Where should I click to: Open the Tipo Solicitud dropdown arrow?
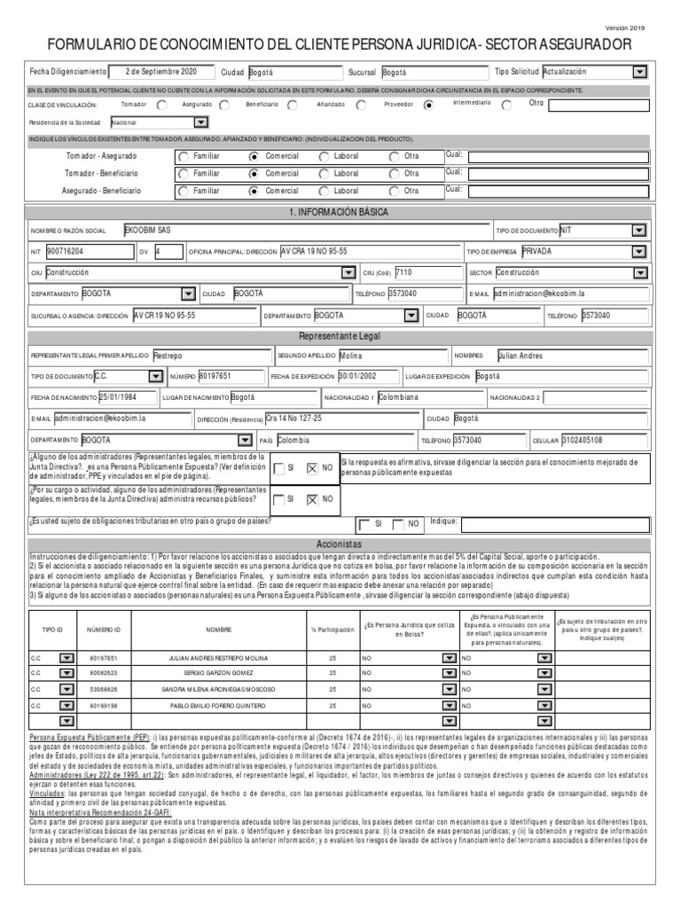coord(639,72)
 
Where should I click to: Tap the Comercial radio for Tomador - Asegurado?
coord(255,157)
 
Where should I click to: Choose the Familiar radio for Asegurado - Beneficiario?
coord(183,190)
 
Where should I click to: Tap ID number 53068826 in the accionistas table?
coord(102,688)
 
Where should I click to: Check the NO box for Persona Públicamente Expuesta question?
coord(311,468)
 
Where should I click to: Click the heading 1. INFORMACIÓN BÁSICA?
coord(340,213)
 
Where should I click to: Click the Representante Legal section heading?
coord(340,337)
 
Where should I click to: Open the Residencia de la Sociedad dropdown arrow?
coord(200,123)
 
